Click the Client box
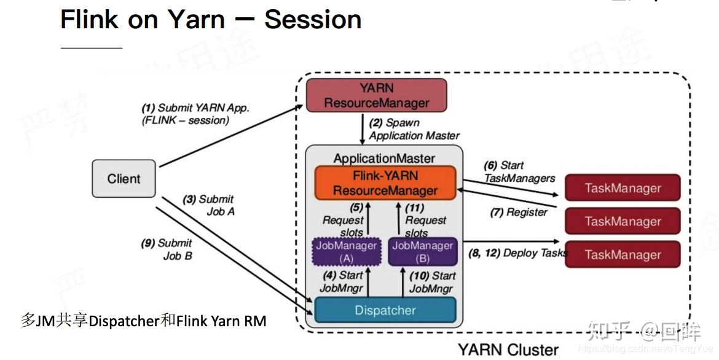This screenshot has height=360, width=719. tap(124, 179)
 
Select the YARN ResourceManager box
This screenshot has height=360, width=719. tap(376, 95)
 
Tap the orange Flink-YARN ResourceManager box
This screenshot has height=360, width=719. tap(385, 183)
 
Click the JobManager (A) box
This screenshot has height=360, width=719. tap(346, 251)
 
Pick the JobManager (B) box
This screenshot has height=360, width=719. tap(422, 251)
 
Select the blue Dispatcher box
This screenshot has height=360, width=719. tap(385, 310)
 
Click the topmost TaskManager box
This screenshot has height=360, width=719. tap(623, 188)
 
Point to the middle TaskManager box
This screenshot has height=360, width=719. tap(623, 221)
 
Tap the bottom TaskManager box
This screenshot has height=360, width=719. tap(623, 254)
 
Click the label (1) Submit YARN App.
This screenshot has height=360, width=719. tap(195, 114)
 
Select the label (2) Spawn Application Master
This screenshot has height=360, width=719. tap(414, 129)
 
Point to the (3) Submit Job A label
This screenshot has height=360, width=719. tap(208, 205)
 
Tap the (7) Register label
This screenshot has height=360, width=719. tap(519, 212)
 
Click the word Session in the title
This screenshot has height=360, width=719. tap(312, 20)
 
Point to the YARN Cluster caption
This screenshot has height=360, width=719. tap(508, 350)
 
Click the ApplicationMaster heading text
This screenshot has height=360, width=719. tap(384, 158)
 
